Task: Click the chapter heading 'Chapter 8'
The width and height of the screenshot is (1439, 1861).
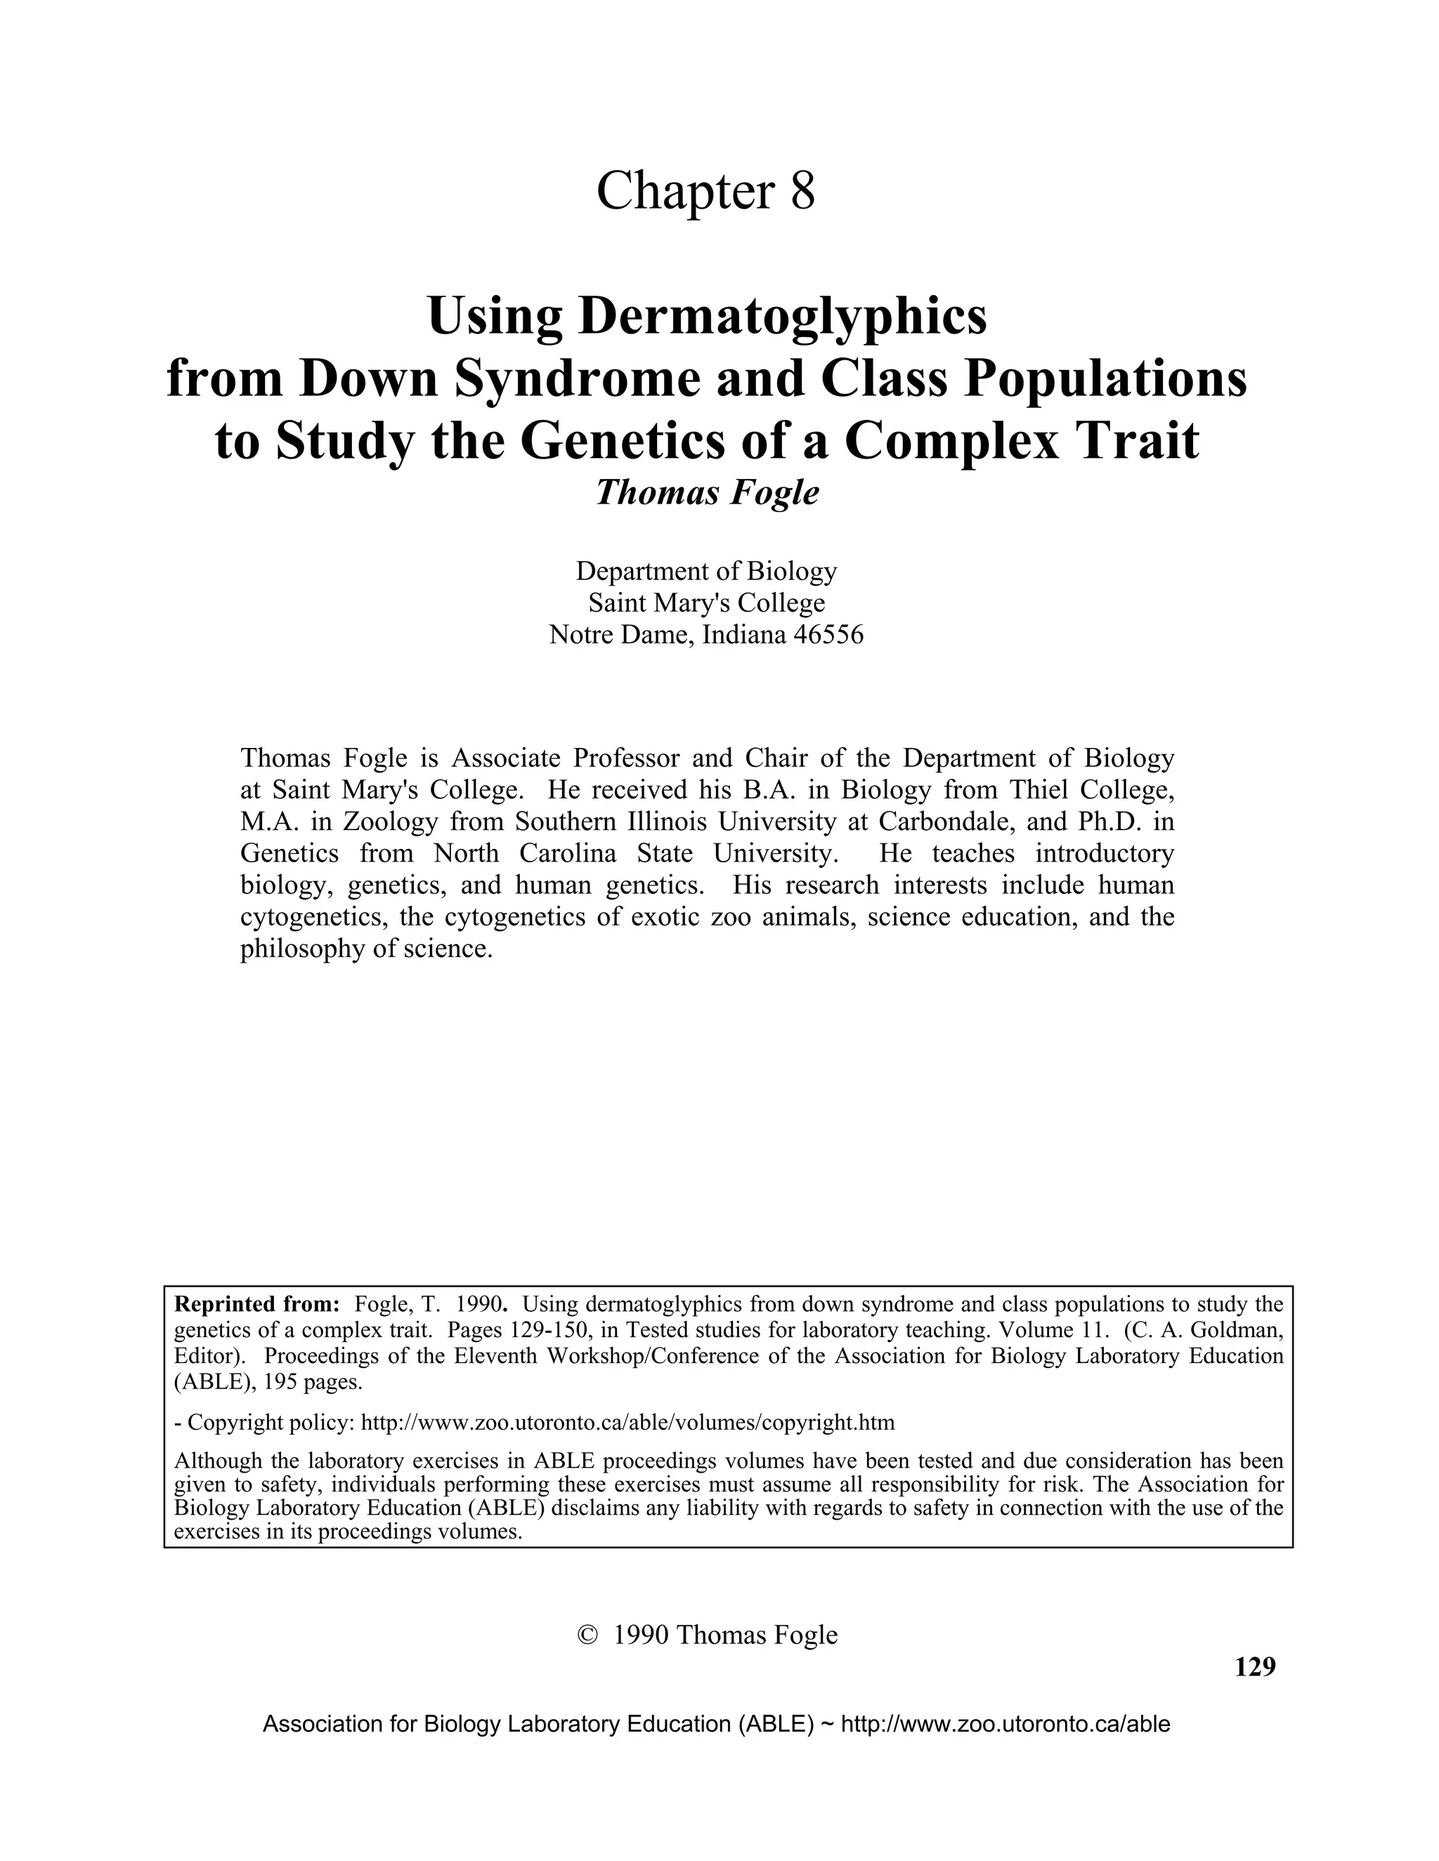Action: tap(705, 191)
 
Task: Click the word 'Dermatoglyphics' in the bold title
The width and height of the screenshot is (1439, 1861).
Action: tap(783, 316)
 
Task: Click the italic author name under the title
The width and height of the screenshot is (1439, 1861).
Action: tap(707, 492)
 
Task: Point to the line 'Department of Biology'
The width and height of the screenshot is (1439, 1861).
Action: tap(707, 571)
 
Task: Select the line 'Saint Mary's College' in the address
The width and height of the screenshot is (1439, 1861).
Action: tap(707, 603)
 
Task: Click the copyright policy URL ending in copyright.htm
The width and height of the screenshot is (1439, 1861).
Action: tap(628, 1422)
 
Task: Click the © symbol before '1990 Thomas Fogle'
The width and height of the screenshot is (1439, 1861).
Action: tap(587, 1634)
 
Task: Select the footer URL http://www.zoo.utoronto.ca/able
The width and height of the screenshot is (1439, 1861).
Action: tap(1005, 1725)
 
